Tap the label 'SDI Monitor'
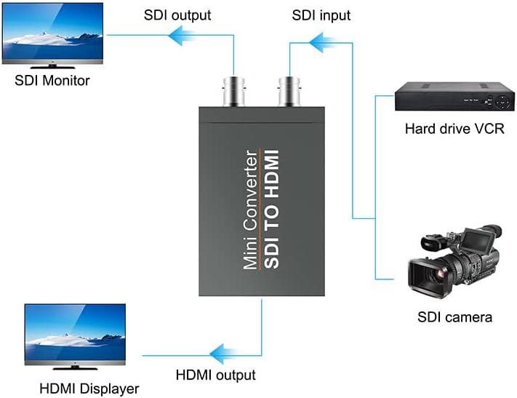coord(52,79)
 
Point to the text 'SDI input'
coord(321,15)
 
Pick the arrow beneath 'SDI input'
coord(321,44)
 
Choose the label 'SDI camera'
coord(454,317)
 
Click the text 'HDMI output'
coord(216,375)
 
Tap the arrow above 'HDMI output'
coord(220,355)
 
